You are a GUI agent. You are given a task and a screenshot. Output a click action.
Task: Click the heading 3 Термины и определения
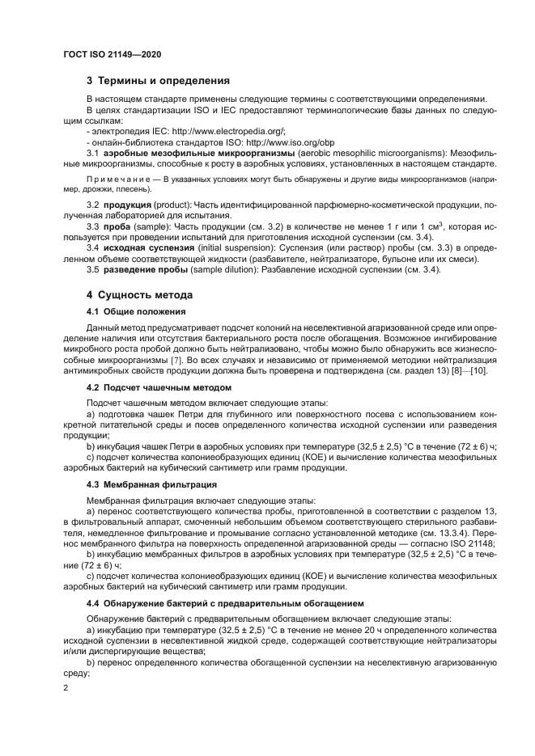click(159, 81)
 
